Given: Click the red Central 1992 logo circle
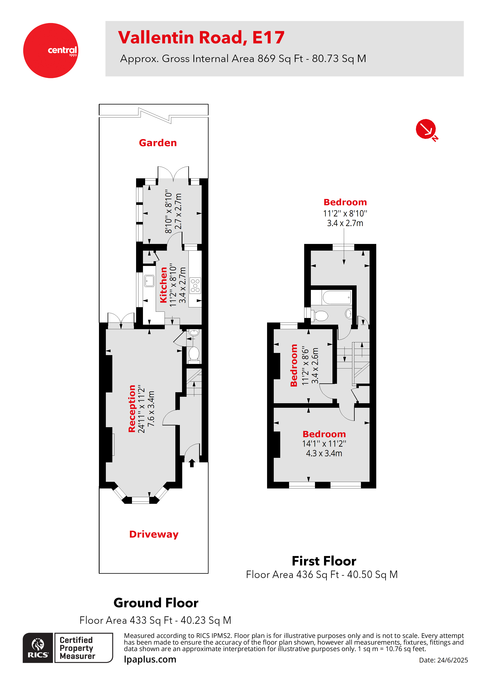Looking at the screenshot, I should pos(50,50).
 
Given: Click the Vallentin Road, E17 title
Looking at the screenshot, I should pos(201,38).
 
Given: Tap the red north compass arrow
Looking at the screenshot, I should pos(426,129).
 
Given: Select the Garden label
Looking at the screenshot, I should pos(158,143).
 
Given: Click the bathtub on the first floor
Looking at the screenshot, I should pos(336,297).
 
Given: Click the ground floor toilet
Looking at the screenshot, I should pos(194,354).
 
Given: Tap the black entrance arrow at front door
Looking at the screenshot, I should pos(192,463).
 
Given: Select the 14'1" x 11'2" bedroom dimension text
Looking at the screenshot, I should pos(324,443).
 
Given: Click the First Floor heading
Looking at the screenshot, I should pos(324,561).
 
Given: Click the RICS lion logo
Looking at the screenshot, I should pos(38,648).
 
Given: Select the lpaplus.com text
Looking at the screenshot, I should pos(150,660).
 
